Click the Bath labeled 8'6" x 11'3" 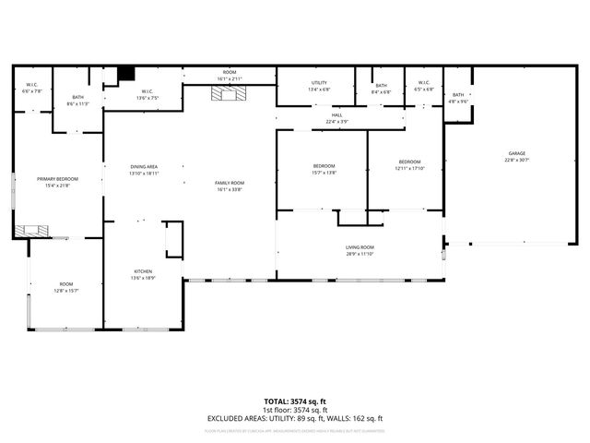77,101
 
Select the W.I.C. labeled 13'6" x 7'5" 147,94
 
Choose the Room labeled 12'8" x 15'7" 66,287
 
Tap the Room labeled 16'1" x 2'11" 230,76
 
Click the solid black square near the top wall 127,73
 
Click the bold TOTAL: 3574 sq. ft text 295,401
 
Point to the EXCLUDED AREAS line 295,418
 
